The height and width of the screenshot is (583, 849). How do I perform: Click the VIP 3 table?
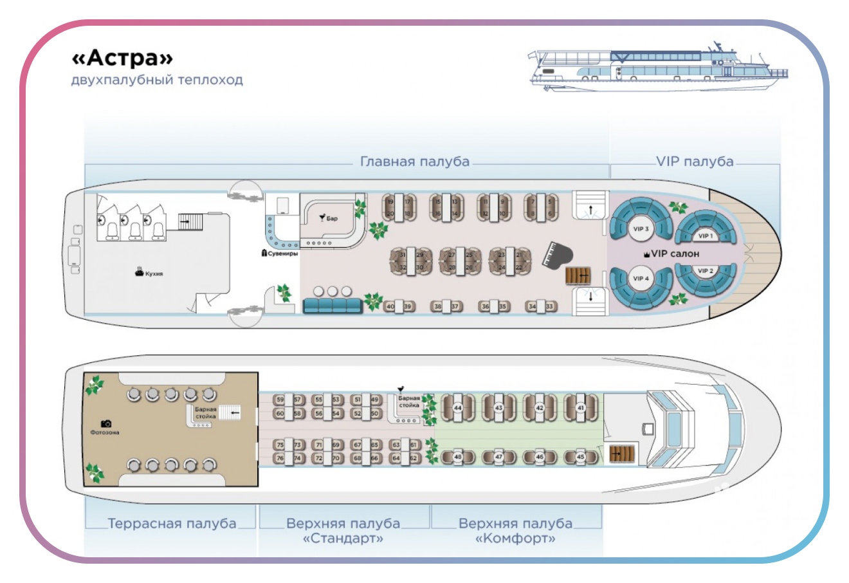click(x=641, y=228)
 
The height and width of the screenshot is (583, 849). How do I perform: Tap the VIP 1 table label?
click(x=706, y=236)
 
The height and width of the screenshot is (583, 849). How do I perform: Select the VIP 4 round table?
click(x=641, y=279)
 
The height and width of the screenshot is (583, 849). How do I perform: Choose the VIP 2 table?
click(x=706, y=271)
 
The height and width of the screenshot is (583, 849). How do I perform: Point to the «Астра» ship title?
click(x=122, y=58)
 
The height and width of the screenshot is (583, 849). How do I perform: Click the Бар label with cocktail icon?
click(x=329, y=218)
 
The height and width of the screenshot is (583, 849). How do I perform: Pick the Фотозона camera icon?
click(x=106, y=423)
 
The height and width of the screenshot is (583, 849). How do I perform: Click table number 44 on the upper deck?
click(x=458, y=408)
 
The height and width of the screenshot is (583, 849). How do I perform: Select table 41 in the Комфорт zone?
click(x=581, y=408)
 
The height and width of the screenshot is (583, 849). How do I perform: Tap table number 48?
click(x=458, y=457)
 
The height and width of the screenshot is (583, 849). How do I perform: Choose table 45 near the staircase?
click(x=581, y=457)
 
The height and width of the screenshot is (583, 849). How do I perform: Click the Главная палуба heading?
click(x=415, y=162)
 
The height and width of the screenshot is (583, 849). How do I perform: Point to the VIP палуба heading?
click(x=695, y=162)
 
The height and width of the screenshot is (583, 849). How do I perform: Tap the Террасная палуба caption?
click(x=172, y=524)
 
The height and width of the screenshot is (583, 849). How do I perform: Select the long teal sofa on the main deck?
click(x=333, y=305)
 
